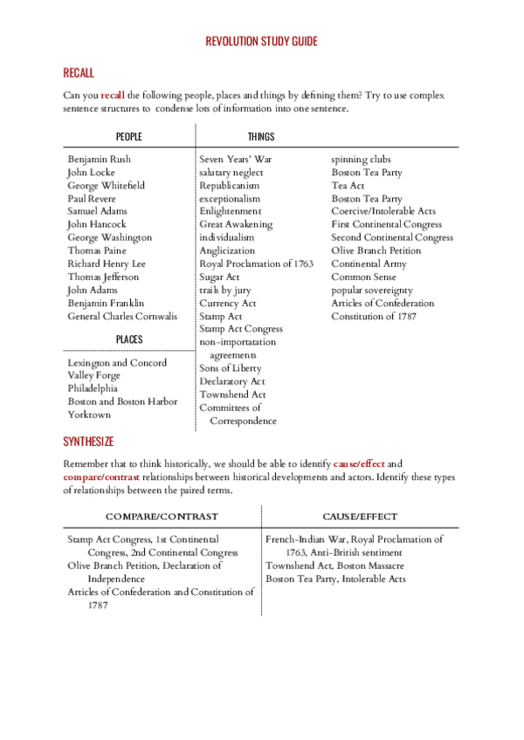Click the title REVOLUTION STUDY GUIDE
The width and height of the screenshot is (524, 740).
coord(261,41)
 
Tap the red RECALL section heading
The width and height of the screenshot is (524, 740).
coord(79,72)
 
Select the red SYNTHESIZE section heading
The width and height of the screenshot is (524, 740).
coord(88,442)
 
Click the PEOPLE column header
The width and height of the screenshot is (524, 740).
coord(128,137)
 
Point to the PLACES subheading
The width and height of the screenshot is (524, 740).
coord(128,339)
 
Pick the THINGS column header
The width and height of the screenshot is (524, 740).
coord(260,137)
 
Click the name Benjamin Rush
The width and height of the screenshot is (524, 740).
coord(99,160)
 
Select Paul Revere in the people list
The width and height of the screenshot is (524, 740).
coord(92,199)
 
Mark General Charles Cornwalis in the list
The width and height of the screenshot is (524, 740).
coord(122,316)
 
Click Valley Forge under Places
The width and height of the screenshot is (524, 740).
coord(94,375)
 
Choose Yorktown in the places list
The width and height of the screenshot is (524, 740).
coord(89,415)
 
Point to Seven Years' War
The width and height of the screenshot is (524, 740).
coord(236,160)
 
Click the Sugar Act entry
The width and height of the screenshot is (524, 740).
coord(219,277)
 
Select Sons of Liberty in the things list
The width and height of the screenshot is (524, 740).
coord(230,368)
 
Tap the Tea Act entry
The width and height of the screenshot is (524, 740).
coord(348,186)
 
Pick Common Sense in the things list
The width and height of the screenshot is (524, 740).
coord(363,277)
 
